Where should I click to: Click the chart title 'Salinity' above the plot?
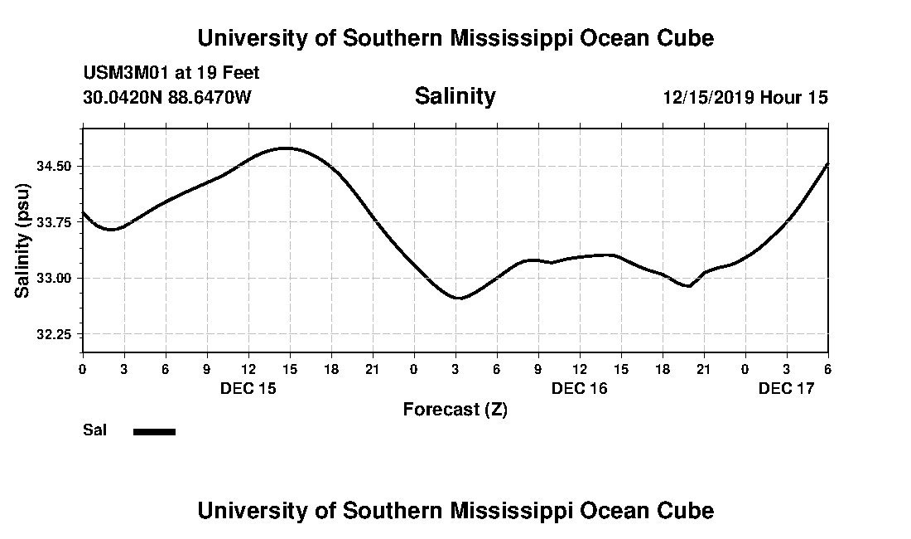(455, 96)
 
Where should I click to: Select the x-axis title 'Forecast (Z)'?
(455, 409)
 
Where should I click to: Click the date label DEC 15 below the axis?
(248, 388)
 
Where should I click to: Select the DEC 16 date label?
(580, 388)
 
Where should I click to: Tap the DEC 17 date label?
(787, 388)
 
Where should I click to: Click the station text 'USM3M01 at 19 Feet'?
(171, 73)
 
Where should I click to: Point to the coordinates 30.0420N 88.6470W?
(167, 97)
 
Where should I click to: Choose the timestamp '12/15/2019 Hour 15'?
(745, 97)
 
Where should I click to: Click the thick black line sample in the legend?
(155, 431)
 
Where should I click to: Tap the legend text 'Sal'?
(94, 430)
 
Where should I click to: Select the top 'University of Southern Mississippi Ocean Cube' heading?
(455, 38)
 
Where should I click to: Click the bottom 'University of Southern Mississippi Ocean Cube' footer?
(455, 510)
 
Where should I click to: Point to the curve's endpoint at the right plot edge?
(827, 164)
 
